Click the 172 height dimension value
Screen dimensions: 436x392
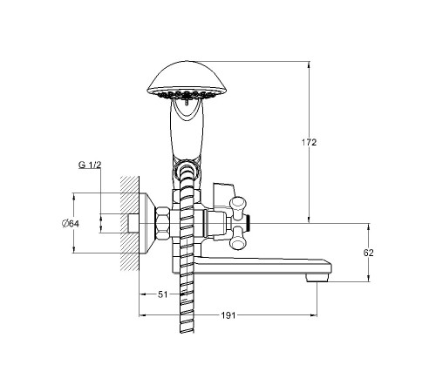(309, 142)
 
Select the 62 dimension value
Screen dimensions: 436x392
(368, 253)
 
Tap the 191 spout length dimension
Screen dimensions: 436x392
(228, 315)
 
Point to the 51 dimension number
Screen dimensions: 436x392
(163, 294)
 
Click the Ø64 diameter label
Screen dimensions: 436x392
(71, 224)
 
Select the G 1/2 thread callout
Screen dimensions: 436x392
(90, 165)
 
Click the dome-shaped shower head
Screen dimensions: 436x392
(187, 79)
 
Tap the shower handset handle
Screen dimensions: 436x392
(187, 131)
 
